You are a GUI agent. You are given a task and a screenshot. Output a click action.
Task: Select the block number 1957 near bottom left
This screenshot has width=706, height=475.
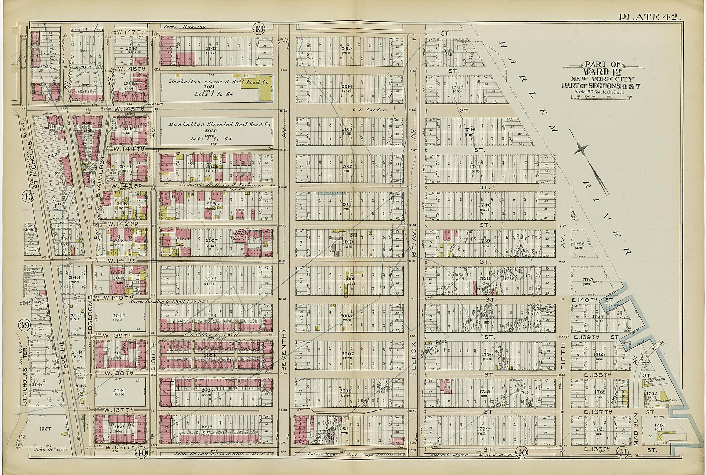pyautogui.click(x=45, y=429)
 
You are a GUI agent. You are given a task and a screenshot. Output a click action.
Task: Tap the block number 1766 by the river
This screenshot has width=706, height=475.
pyautogui.click(x=578, y=244)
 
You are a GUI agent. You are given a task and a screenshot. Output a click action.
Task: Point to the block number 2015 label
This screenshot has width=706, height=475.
pyautogui.click(x=346, y=49)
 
